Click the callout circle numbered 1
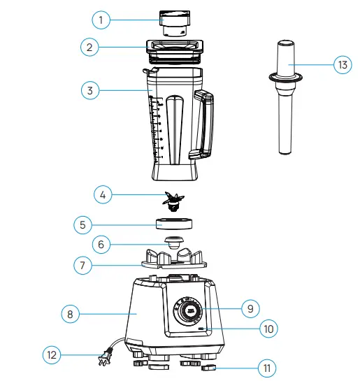point(101,20)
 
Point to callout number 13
point(343,65)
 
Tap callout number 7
point(85,265)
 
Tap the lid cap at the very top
point(172,22)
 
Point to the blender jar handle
point(204,122)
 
